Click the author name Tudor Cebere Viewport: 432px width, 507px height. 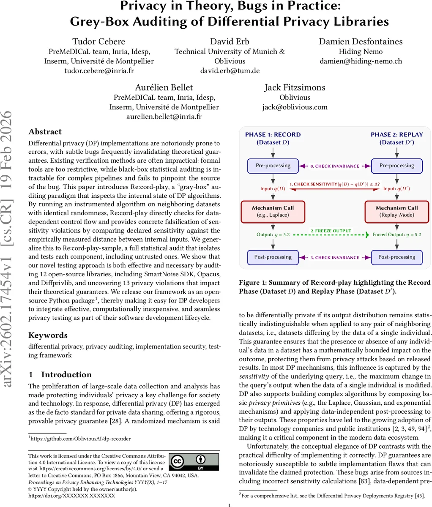99,41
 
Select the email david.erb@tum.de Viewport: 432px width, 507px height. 230,71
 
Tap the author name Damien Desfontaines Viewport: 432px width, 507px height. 361,41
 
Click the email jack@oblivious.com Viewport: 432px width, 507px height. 295,107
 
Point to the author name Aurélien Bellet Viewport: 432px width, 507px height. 164,87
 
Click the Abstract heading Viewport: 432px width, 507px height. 45,132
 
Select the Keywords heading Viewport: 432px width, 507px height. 48,335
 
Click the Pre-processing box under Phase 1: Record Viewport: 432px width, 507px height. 273,166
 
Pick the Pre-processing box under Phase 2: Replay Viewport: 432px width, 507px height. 396,166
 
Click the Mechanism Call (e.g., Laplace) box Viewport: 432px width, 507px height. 273,211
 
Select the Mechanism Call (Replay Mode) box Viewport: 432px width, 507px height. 396,211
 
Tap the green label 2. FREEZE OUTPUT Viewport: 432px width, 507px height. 331,231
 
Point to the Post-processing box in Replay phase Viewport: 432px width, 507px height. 396,257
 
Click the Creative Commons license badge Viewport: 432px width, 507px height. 194,462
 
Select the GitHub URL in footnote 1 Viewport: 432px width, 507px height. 81,439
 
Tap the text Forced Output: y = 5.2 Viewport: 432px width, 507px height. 396,234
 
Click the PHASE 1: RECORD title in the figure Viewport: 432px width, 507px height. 273,135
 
